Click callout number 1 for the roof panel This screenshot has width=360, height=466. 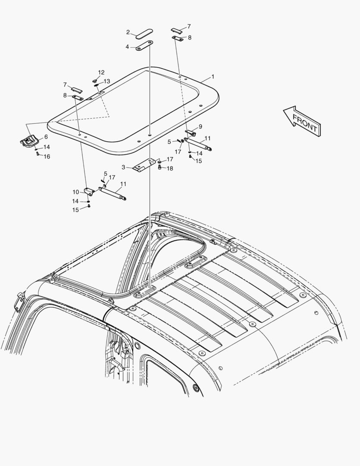tap(213, 77)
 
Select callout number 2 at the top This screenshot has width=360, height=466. tap(128, 32)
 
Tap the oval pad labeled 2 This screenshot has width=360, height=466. tap(144, 34)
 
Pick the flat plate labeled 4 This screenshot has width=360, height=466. tap(144, 46)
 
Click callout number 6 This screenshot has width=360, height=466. tap(46, 137)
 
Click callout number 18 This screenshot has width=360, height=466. tap(169, 169)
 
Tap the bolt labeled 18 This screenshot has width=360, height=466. tap(160, 168)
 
